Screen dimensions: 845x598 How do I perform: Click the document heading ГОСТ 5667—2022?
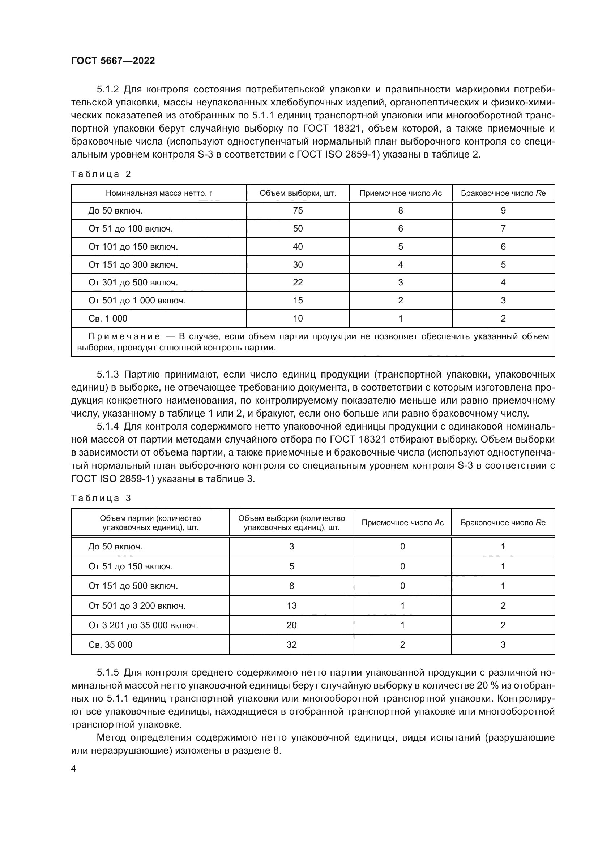pyautogui.click(x=113, y=61)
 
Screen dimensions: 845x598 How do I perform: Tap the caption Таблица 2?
pyautogui.click(x=101, y=174)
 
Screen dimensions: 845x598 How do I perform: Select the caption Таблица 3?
pyautogui.click(x=101, y=498)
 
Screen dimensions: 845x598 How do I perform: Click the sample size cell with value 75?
pyautogui.click(x=298, y=211)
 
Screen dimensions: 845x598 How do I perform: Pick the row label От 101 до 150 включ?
pyautogui.click(x=133, y=247)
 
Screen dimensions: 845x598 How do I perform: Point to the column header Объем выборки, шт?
pyautogui.click(x=298, y=193)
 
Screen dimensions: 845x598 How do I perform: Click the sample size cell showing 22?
pyautogui.click(x=298, y=282)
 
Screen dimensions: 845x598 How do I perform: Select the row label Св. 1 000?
pyautogui.click(x=107, y=318)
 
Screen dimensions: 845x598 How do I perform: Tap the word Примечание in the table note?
pyautogui.click(x=124, y=336)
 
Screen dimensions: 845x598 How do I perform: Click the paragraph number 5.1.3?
pyautogui.click(x=107, y=375)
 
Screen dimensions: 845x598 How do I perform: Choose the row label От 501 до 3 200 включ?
pyautogui.click(x=137, y=606)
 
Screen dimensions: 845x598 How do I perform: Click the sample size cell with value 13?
pyautogui.click(x=291, y=606)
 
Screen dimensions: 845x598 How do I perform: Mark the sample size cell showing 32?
pyautogui.click(x=291, y=645)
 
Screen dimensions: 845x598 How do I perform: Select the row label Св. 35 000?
pyautogui.click(x=110, y=645)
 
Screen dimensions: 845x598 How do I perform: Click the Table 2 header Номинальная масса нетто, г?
pyautogui.click(x=159, y=193)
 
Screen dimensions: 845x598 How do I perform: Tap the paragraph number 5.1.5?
pyautogui.click(x=107, y=673)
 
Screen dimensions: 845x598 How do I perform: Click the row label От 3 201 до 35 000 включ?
pyautogui.click(x=143, y=625)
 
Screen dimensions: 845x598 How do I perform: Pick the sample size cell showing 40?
pyautogui.click(x=298, y=247)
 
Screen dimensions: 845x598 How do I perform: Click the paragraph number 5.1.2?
pyautogui.click(x=107, y=90)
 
